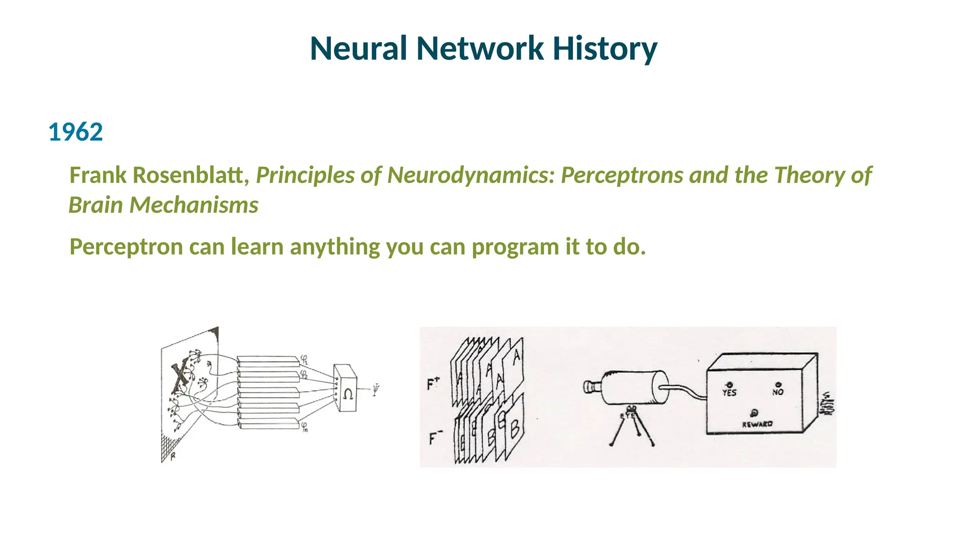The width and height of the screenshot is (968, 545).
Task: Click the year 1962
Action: [x=76, y=132]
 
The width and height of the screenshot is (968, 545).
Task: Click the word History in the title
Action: [x=605, y=48]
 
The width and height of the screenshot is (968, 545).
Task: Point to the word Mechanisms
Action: [x=194, y=205]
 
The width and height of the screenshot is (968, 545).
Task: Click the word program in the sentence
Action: [x=515, y=246]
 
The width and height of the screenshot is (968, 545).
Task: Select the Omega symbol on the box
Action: [x=348, y=394]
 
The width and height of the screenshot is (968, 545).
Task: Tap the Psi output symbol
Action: [x=375, y=390]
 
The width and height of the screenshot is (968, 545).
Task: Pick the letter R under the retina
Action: [x=173, y=457]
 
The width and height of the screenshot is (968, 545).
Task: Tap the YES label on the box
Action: [x=729, y=392]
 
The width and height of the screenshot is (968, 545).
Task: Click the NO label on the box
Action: [x=778, y=392]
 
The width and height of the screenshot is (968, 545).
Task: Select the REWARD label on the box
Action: [x=757, y=424]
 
